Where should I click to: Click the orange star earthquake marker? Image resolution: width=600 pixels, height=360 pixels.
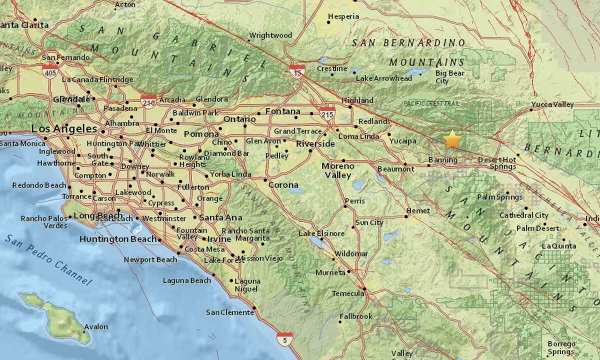[452, 139]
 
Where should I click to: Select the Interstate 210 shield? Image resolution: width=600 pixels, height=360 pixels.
[148, 101]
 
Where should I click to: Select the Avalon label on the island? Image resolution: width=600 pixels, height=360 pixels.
[96, 327]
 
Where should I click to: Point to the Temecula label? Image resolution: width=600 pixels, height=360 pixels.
[348, 293]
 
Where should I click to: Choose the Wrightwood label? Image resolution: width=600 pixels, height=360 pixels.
[270, 35]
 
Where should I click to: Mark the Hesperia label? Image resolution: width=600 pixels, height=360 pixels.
[343, 16]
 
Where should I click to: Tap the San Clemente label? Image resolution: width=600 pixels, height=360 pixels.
[230, 312]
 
